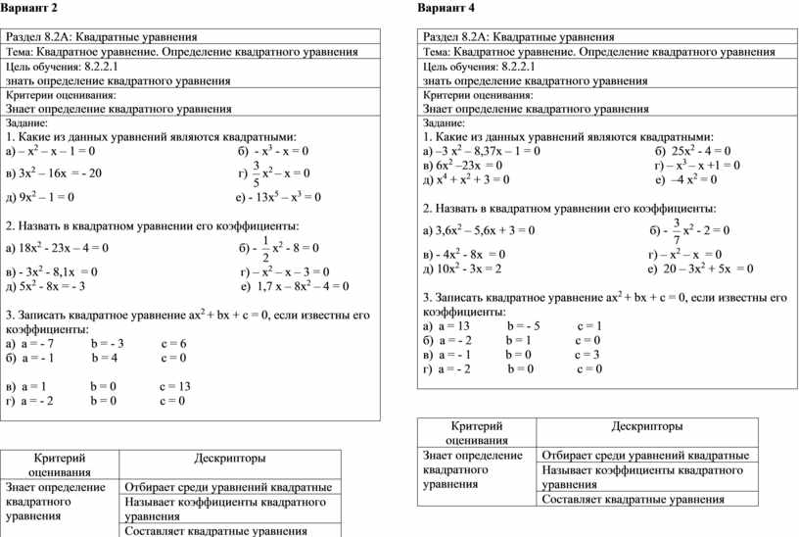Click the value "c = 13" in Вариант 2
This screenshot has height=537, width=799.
pyautogui.click(x=174, y=386)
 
